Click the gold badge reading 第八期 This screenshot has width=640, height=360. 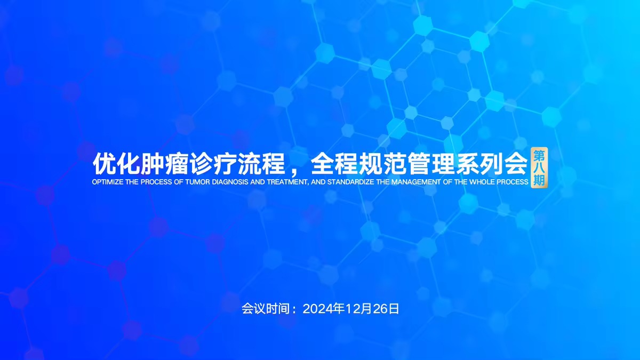539,167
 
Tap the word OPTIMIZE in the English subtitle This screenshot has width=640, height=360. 108,182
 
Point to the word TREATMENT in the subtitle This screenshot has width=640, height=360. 287,182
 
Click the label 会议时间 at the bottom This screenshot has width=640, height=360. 266,309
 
